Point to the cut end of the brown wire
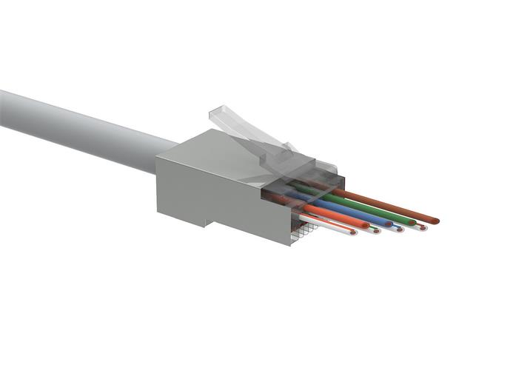435,220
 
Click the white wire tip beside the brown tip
421,226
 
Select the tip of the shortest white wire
352,232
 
